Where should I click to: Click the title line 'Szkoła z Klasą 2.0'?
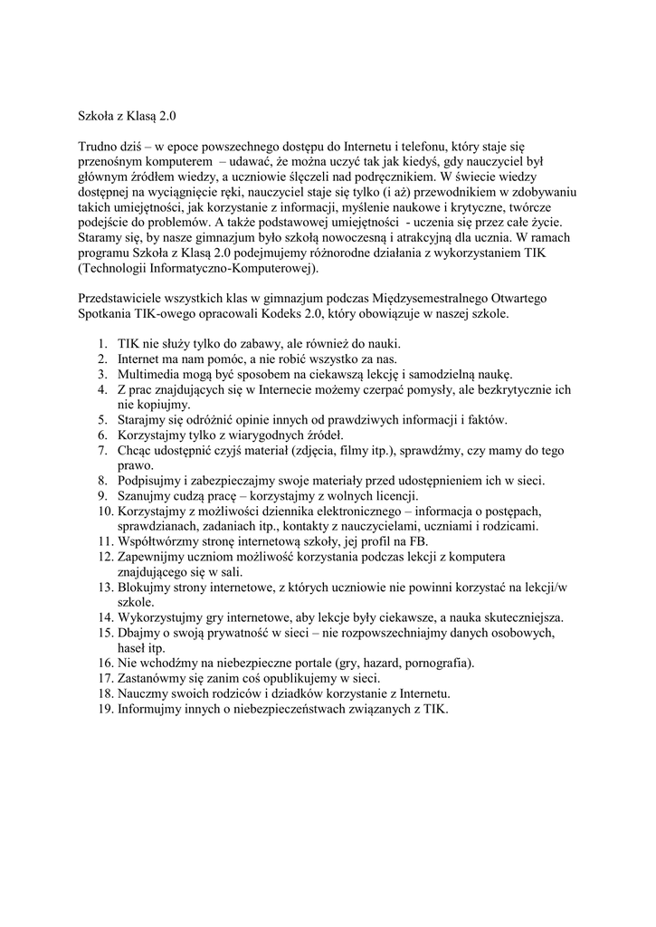[130, 116]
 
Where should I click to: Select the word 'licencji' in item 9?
[392, 495]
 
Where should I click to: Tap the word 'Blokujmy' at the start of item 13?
[145, 587]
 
